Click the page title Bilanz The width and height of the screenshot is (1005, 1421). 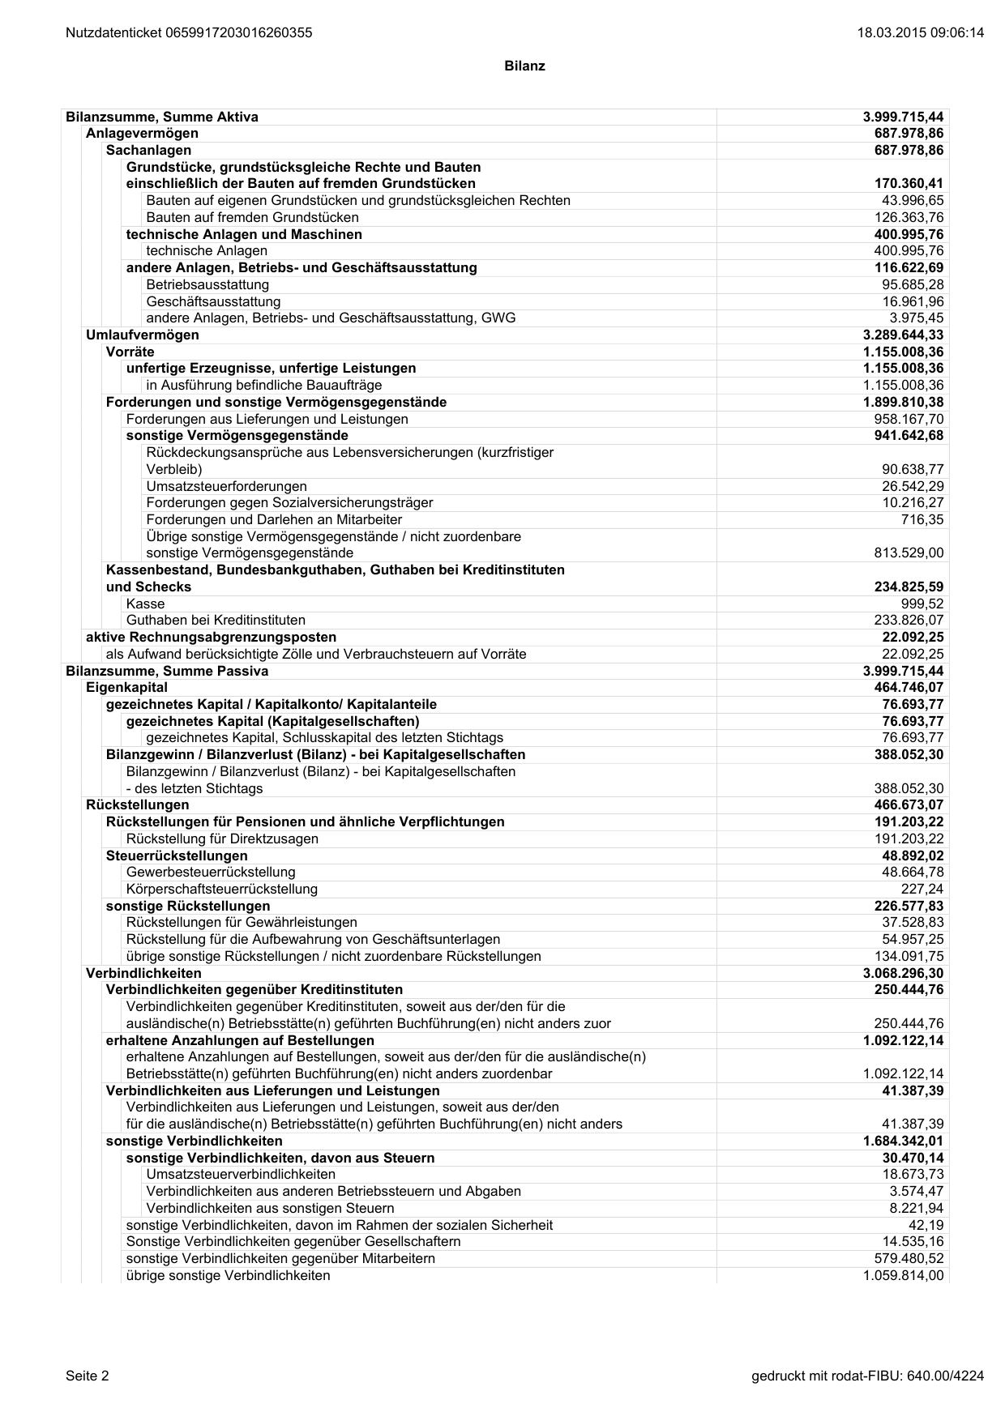tap(524, 66)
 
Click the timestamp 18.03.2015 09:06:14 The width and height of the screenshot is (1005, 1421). tap(920, 33)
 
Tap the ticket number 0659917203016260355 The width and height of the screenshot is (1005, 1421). tap(238, 33)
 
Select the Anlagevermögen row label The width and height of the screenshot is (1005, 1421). tap(142, 134)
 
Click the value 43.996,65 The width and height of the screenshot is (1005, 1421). tap(913, 201)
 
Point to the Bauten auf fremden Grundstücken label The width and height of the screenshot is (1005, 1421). tap(252, 218)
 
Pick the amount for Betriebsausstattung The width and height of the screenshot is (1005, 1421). tap(913, 285)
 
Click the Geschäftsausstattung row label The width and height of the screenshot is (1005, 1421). tap(213, 302)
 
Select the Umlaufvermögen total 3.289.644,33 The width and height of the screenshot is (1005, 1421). tap(903, 335)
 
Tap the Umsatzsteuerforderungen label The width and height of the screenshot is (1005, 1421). tap(226, 487)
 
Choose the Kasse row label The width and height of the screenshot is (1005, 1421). tap(145, 604)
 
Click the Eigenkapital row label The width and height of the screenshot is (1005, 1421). tap(127, 688)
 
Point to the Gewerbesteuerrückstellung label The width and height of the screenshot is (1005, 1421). tap(211, 873)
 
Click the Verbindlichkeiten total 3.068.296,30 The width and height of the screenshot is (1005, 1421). tap(903, 974)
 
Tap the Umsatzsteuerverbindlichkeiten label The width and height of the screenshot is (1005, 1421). tap(241, 1175)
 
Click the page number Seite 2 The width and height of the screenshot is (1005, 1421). tap(88, 1376)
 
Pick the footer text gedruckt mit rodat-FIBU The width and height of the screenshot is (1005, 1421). tap(868, 1376)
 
